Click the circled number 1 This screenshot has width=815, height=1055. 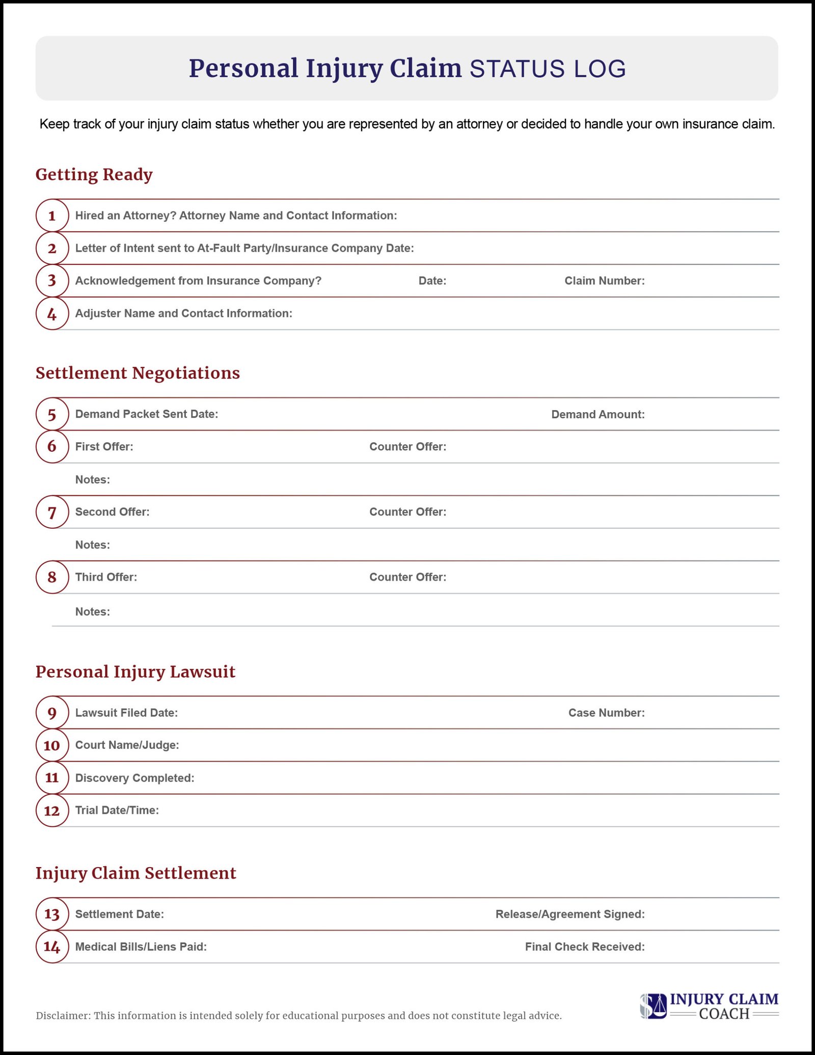tap(52, 215)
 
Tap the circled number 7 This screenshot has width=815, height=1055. tap(52, 512)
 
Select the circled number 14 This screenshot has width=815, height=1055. tap(52, 946)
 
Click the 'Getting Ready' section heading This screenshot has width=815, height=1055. tap(94, 175)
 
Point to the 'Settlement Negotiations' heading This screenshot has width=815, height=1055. tap(138, 373)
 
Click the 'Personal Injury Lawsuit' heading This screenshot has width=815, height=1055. tap(135, 672)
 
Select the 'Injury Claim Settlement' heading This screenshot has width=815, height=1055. tap(135, 873)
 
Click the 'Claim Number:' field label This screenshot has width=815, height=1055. tap(604, 281)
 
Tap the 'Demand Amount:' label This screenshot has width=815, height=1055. tap(597, 415)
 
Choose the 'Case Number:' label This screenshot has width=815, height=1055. tap(606, 713)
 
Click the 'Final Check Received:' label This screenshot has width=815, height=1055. tap(584, 946)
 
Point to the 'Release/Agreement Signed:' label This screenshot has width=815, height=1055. tap(569, 914)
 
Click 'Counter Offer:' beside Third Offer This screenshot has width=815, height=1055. tap(407, 577)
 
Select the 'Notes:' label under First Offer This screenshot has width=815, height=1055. tap(93, 480)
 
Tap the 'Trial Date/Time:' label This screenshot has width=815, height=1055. tap(117, 810)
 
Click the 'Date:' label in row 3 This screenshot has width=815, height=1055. tap(432, 281)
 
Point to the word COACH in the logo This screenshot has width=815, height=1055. tap(724, 1014)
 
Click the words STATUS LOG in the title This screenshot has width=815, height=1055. tap(547, 69)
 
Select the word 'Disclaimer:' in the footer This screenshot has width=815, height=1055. tap(63, 1016)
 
